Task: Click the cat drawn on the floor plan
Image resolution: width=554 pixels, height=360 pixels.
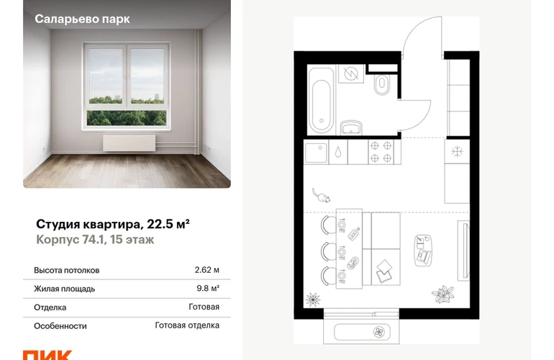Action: pos(321,196)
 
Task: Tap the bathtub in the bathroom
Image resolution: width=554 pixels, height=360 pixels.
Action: pos(321,100)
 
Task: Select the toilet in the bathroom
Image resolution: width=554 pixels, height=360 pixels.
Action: pos(382,84)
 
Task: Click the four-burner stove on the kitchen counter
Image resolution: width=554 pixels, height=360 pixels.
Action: pos(381,152)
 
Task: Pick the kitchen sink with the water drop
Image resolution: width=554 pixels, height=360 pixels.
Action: pos(338,152)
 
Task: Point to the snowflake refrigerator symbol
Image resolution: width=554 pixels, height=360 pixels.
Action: pos(457,152)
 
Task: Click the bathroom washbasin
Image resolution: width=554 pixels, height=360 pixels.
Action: pos(351,127)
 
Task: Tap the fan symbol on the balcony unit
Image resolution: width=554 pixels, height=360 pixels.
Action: pos(378,332)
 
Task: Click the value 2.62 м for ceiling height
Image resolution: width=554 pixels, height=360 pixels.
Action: pos(206,270)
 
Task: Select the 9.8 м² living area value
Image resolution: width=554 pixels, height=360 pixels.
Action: pos(208,289)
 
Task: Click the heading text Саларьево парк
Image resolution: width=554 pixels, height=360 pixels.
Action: pos(82,19)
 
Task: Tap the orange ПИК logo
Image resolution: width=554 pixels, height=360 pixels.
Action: pos(47,355)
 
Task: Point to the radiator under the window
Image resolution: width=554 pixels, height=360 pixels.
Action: pos(130,143)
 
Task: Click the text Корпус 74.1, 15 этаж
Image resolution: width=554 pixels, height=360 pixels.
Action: pos(95,240)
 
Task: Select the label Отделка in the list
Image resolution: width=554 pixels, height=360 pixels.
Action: pos(50,307)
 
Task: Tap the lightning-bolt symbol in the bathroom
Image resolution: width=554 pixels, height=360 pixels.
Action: pos(351,73)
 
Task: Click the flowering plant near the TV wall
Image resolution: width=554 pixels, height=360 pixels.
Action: pos(442,294)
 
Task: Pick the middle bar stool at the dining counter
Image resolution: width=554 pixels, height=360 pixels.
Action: pos(329,251)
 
